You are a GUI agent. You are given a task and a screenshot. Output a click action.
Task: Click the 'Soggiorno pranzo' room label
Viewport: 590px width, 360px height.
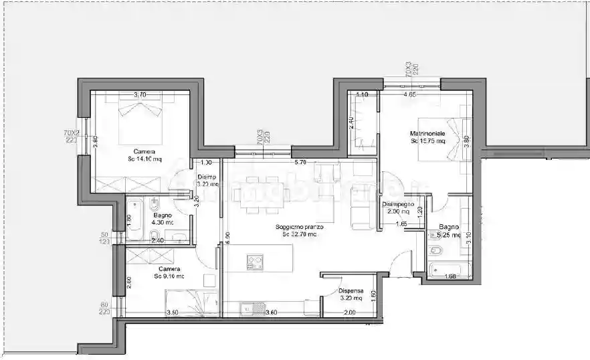(x=299, y=227)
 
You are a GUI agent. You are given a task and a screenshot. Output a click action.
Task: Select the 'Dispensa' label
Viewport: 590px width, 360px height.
(x=351, y=290)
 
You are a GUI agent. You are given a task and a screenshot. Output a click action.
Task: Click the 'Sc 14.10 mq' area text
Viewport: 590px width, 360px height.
(x=144, y=159)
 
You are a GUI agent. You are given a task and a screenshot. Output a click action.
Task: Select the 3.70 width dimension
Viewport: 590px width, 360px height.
(x=140, y=95)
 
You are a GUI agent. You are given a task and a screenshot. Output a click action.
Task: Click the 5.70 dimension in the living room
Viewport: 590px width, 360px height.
(x=300, y=163)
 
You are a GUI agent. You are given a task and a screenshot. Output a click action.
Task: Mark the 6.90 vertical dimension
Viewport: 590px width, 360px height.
(x=227, y=236)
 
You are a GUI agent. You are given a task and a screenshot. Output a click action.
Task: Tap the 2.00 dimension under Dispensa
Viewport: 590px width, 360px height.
(x=349, y=312)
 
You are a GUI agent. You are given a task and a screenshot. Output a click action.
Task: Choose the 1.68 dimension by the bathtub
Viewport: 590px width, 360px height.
(x=450, y=276)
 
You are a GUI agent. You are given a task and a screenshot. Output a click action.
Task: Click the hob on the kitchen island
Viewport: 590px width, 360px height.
(x=255, y=262)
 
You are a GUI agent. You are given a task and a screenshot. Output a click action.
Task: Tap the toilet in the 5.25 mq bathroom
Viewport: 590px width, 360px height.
(x=435, y=251)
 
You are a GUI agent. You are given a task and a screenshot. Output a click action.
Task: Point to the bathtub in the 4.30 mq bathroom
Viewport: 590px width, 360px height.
(x=134, y=219)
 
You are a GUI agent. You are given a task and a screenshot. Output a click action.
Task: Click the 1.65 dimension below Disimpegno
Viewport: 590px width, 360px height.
(x=401, y=223)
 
